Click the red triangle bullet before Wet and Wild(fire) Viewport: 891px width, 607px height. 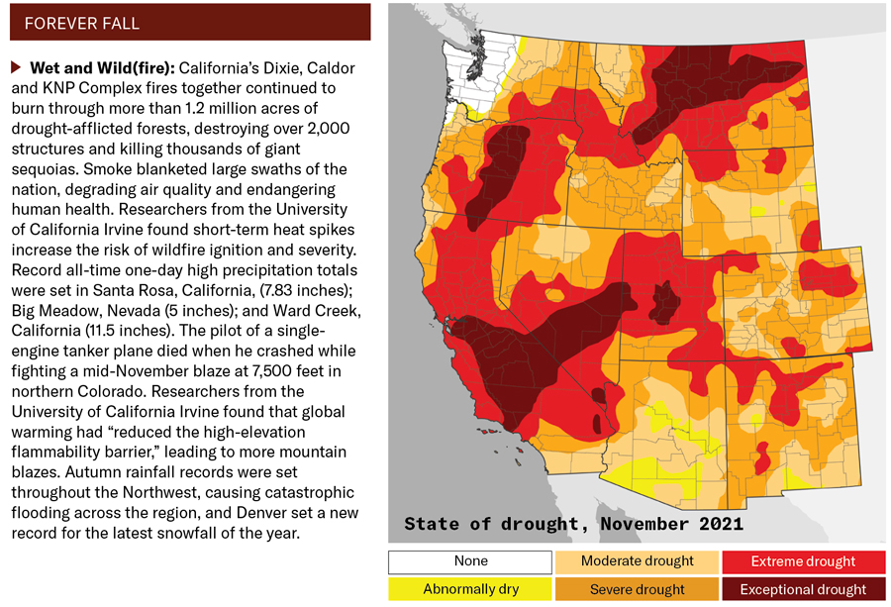[16, 68]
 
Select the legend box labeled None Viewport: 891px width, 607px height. [470, 561]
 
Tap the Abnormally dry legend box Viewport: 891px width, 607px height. [470, 589]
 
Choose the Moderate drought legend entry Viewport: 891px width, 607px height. [637, 561]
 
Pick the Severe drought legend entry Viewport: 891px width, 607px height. [637, 589]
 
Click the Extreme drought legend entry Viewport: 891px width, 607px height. [803, 561]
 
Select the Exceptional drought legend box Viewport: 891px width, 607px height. [803, 589]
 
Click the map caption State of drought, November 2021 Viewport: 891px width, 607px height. [573, 523]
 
